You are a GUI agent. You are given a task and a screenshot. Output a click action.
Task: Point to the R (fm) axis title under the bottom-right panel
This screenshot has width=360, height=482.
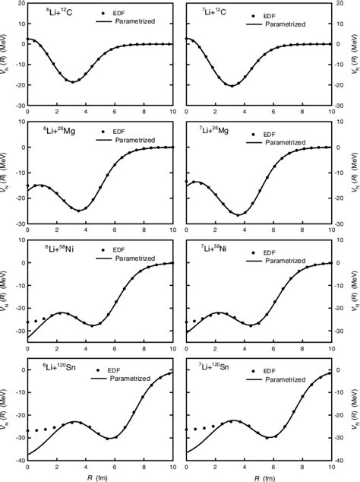pyautogui.click(x=258, y=476)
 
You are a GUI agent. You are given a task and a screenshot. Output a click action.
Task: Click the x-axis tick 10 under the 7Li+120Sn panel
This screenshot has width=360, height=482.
pyautogui.click(x=330, y=466)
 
